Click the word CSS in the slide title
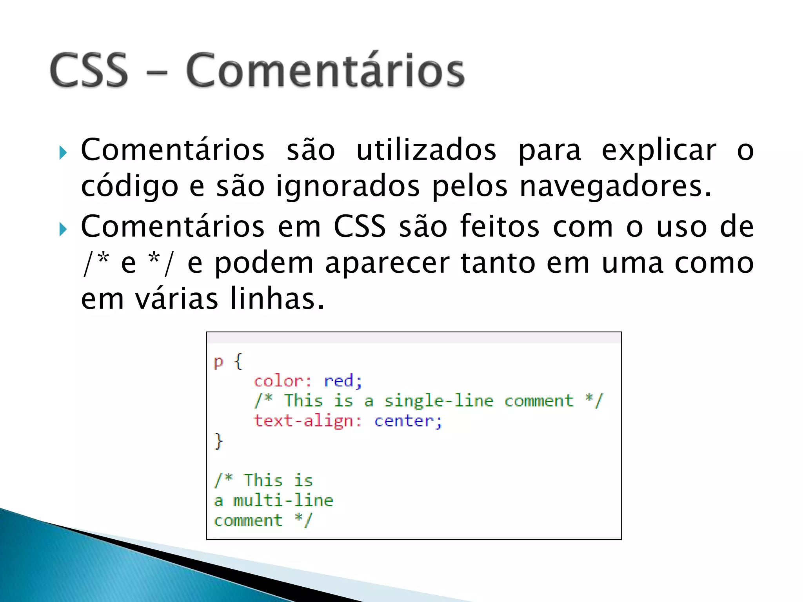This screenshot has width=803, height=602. click(89, 71)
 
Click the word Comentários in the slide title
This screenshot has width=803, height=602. click(325, 71)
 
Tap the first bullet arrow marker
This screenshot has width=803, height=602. click(63, 152)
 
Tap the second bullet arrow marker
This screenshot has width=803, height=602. click(63, 229)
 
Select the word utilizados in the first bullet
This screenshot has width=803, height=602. click(426, 150)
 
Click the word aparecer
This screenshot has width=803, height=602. click(387, 263)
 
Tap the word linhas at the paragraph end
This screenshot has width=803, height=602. click(276, 299)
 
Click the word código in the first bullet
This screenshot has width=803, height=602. click(129, 187)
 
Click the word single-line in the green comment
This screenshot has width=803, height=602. click(438, 401)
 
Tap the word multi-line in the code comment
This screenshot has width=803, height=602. click(283, 500)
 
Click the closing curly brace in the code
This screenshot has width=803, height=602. click(218, 441)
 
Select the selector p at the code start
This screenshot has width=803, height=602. click(218, 362)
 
